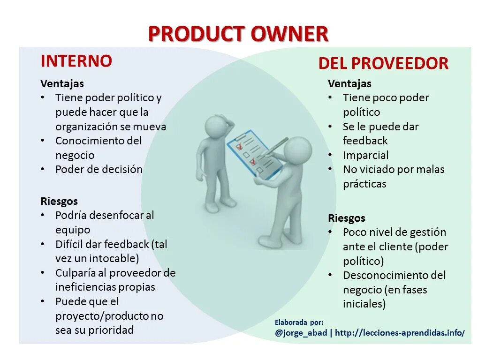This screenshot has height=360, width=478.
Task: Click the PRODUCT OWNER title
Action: (238, 34)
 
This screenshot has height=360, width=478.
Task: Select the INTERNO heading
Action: (76, 61)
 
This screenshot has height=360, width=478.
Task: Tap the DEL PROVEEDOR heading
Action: (383, 63)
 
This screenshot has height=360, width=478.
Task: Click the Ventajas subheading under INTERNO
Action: (62, 84)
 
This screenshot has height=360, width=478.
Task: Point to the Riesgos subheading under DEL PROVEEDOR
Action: (346, 218)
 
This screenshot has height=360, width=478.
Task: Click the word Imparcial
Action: (365, 155)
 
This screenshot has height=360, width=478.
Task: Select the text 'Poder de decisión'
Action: (99, 169)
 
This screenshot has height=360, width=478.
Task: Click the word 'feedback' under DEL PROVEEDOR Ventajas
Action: (365, 141)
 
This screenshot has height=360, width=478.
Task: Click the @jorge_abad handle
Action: (301, 333)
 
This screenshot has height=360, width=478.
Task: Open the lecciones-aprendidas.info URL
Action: (400, 333)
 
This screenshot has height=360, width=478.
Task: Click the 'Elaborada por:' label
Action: (299, 322)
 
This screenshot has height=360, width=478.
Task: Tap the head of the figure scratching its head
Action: (217, 127)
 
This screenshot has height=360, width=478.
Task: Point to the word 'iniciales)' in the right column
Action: (364, 304)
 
